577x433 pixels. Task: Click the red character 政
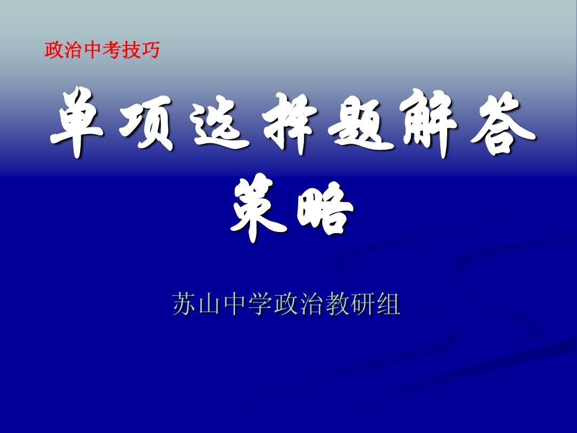[54, 50]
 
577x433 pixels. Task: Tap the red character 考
[112, 50]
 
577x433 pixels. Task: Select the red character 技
[131, 50]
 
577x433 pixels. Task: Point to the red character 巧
[150, 50]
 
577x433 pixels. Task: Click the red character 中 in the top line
[92, 50]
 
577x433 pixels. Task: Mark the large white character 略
[325, 210]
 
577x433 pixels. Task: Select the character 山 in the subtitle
[210, 305]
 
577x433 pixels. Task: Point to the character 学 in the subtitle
[261, 304]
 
